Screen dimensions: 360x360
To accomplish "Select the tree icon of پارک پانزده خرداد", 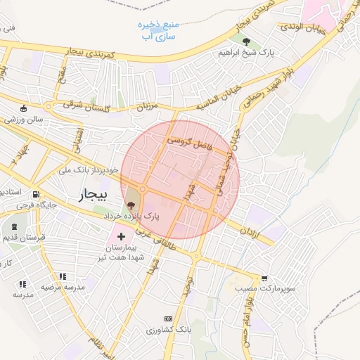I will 131,205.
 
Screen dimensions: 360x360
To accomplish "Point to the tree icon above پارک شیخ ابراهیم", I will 245,41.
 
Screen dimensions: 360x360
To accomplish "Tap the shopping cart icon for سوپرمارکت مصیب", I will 264,278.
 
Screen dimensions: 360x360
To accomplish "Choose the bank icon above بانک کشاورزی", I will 167,319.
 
